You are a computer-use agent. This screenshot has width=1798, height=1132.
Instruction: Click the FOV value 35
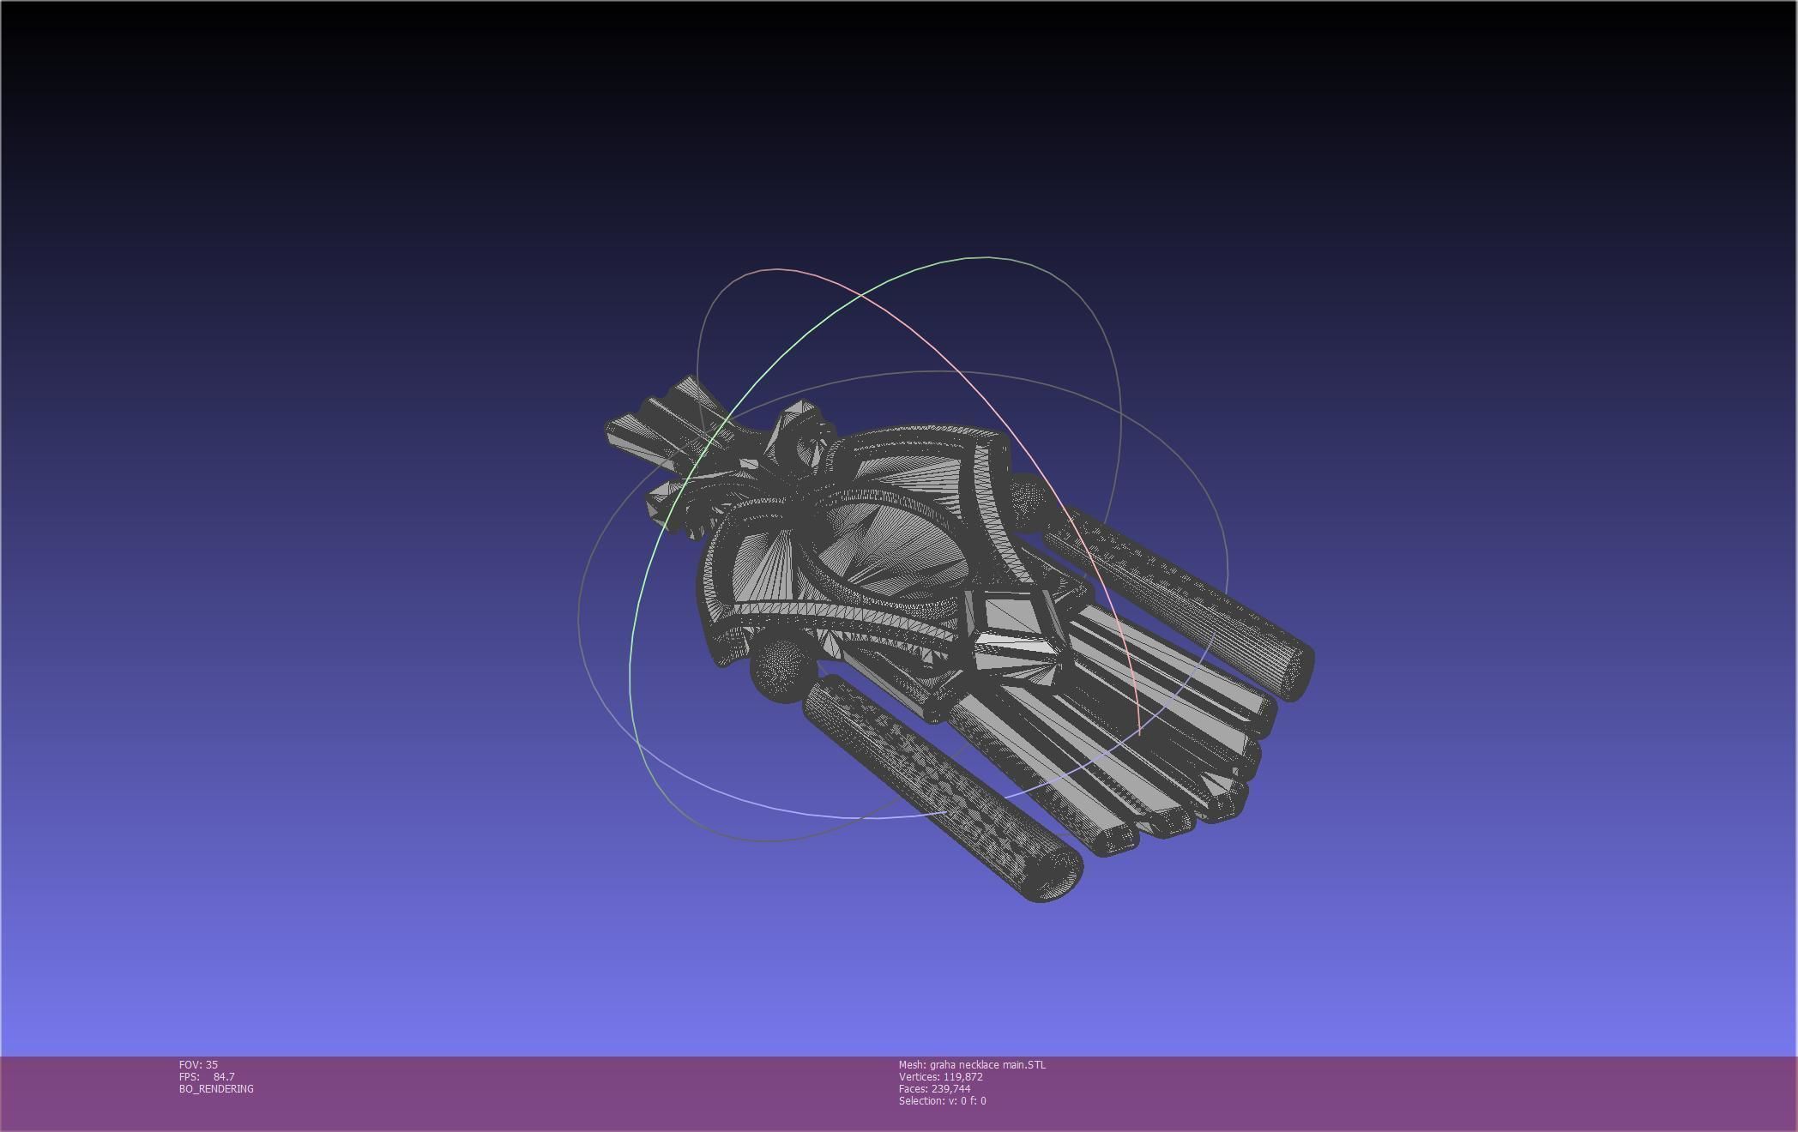pyautogui.click(x=212, y=1064)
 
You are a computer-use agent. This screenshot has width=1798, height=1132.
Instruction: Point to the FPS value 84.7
pyautogui.click(x=223, y=1076)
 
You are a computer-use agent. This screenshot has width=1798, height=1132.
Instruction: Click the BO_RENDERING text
pyautogui.click(x=216, y=1088)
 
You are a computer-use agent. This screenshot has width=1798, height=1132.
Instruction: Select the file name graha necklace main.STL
pyautogui.click(x=987, y=1064)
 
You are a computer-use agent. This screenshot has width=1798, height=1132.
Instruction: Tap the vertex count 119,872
pyautogui.click(x=962, y=1076)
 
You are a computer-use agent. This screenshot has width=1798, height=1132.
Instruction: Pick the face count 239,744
pyautogui.click(x=950, y=1088)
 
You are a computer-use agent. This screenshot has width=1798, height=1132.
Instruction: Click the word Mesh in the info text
pyautogui.click(x=911, y=1064)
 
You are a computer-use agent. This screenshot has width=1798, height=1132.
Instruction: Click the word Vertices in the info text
pyautogui.click(x=918, y=1076)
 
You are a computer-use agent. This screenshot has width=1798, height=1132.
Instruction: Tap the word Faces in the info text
pyautogui.click(x=913, y=1088)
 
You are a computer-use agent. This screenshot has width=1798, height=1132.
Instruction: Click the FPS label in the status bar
pyautogui.click(x=189, y=1076)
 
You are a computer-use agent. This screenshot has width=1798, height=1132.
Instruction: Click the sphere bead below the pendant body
pyautogui.click(x=781, y=669)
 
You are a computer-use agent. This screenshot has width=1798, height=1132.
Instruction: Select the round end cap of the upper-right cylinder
pyautogui.click(x=1291, y=669)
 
